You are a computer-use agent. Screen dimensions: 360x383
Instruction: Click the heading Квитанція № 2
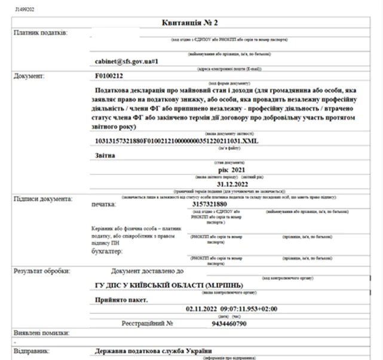pos(190,22)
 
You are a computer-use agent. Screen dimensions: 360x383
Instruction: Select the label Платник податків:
pos(40,32)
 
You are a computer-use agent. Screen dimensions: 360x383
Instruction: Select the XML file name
pos(177,140)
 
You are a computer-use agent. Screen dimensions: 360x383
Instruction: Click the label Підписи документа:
pos(42,198)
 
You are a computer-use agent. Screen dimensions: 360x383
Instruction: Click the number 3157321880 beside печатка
pos(216,204)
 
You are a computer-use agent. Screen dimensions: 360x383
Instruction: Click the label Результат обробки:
pos(42,270)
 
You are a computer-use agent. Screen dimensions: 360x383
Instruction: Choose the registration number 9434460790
pos(225,323)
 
